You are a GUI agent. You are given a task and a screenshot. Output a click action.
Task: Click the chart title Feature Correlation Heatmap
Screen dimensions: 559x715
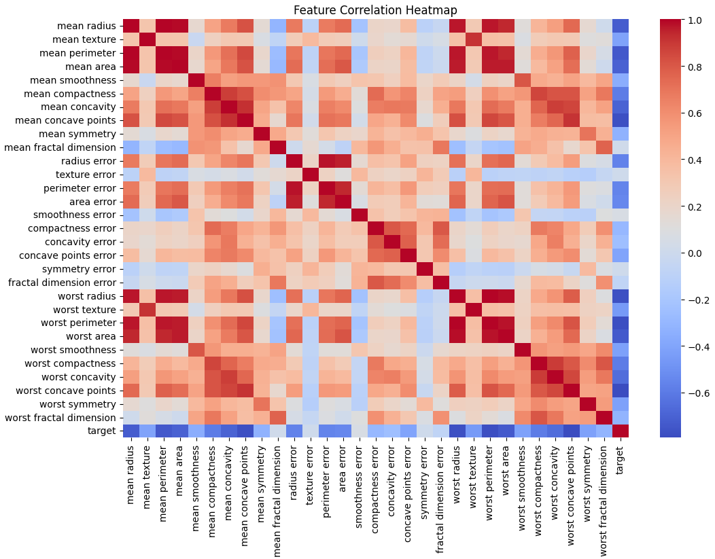[x=375, y=10]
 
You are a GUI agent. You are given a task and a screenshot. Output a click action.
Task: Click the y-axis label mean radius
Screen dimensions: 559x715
[x=87, y=26]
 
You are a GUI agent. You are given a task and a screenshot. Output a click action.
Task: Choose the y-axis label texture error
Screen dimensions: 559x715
[x=88, y=175]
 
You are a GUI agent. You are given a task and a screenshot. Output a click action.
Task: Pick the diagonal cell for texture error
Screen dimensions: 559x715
[x=310, y=175]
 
